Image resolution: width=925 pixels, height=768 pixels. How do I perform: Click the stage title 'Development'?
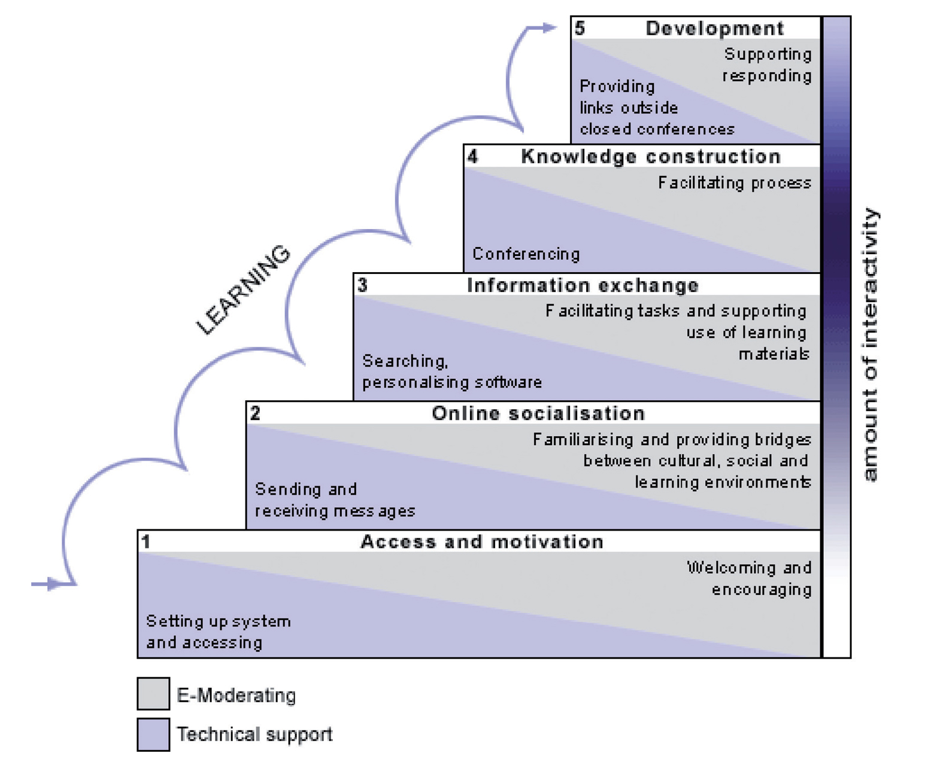(x=714, y=28)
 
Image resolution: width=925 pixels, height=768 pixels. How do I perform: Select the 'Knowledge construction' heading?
(x=651, y=157)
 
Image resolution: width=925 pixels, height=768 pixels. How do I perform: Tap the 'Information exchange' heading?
(x=583, y=285)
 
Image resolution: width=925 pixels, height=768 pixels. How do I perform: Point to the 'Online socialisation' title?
(x=538, y=413)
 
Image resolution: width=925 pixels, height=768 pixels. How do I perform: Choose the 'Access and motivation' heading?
(x=482, y=542)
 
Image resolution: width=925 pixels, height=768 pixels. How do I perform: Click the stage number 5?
(x=580, y=28)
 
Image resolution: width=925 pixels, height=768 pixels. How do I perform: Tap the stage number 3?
(x=362, y=285)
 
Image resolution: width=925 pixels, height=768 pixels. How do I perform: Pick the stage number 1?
(x=145, y=542)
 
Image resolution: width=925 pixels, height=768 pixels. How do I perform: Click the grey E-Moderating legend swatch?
(x=153, y=694)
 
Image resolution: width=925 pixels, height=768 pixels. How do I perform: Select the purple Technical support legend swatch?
(x=153, y=735)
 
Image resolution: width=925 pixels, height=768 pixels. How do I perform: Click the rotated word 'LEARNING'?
(x=244, y=289)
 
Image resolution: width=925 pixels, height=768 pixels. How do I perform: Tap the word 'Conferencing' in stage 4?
(x=526, y=254)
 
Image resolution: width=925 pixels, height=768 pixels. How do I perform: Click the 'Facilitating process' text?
(x=735, y=182)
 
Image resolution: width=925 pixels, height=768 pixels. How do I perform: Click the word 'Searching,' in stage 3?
(x=405, y=361)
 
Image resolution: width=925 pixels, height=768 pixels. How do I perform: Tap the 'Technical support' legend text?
(x=254, y=735)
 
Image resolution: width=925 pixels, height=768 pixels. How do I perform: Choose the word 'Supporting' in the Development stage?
(x=768, y=54)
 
